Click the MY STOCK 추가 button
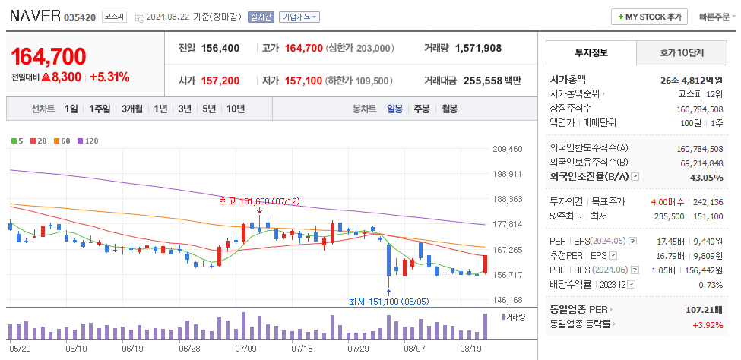click(650, 17)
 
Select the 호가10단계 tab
click(682, 53)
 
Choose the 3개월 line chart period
click(134, 109)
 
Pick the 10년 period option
click(236, 109)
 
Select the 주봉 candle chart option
click(422, 109)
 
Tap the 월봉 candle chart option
click(449, 109)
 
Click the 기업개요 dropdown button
click(299, 17)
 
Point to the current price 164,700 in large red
click(49, 57)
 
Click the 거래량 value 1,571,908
click(478, 48)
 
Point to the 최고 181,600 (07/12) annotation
click(259, 201)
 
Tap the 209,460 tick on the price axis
click(507, 149)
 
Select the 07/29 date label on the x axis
click(358, 349)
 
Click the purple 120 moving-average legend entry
click(87, 141)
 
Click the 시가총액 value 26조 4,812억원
click(691, 79)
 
